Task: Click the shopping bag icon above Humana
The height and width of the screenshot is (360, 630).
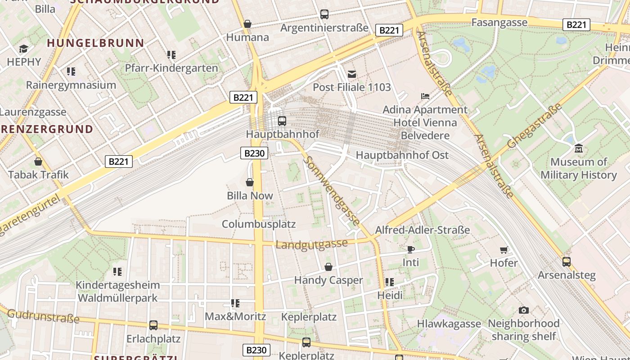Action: click(x=247, y=24)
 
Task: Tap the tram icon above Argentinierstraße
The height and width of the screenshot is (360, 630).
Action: click(x=324, y=14)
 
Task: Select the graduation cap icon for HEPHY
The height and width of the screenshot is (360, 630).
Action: click(x=23, y=49)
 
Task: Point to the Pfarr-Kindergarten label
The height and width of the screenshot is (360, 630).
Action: click(x=171, y=68)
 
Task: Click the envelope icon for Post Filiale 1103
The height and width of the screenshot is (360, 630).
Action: click(x=351, y=74)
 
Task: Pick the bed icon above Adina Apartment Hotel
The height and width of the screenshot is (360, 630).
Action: click(x=425, y=96)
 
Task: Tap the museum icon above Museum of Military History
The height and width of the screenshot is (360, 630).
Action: click(x=578, y=148)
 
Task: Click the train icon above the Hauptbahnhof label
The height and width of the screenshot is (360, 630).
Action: click(x=282, y=121)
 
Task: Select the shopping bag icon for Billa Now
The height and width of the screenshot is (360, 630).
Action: click(x=250, y=182)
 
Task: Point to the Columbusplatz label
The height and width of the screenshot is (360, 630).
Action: click(x=259, y=224)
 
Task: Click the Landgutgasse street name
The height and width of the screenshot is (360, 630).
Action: click(x=311, y=244)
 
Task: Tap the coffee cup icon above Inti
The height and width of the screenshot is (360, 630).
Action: click(x=410, y=249)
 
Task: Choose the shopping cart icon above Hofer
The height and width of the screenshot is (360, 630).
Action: click(x=504, y=250)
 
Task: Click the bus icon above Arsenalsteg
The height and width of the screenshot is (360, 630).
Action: click(x=566, y=261)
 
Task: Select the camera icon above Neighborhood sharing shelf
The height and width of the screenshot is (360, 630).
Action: click(x=523, y=310)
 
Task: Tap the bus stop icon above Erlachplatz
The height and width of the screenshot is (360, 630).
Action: click(x=153, y=325)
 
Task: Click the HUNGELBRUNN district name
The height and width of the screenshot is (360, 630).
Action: click(x=95, y=43)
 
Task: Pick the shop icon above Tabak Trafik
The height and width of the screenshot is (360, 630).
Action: click(x=38, y=161)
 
